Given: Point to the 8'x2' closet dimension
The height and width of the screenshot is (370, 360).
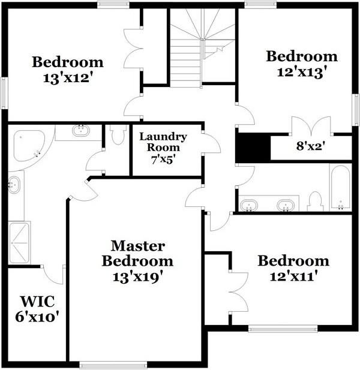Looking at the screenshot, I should click(310, 146).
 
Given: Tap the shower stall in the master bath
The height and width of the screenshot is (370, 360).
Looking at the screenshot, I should click(19, 243).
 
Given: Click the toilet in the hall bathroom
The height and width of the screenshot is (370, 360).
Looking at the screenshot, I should click(315, 201).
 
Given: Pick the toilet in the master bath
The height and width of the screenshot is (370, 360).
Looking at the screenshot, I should click(118, 134).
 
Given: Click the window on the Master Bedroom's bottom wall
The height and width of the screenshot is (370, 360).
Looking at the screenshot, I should click(113, 364).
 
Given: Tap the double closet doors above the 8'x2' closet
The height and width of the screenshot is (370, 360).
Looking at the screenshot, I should click(310, 127).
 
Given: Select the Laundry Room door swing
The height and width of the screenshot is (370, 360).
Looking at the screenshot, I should click(211, 144).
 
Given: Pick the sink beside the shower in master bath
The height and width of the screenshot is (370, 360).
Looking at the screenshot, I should click(14, 185).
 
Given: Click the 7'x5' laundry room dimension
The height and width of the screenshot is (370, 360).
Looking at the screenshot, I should click(163, 161).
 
